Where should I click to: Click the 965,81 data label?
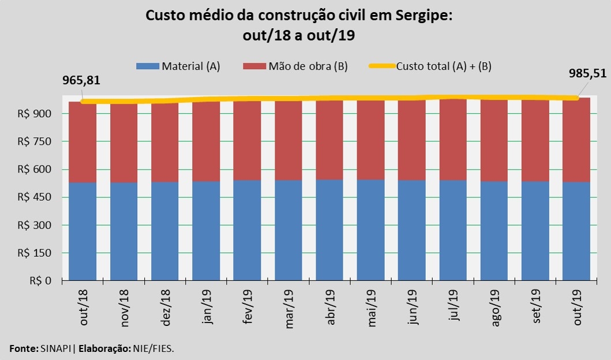[x=81, y=80]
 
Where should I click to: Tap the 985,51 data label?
[x=586, y=73]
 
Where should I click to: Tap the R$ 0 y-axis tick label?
[x=40, y=281]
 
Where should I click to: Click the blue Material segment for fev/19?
[x=247, y=231]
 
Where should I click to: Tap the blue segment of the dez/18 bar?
[x=165, y=231]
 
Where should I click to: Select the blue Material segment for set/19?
[x=535, y=231]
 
